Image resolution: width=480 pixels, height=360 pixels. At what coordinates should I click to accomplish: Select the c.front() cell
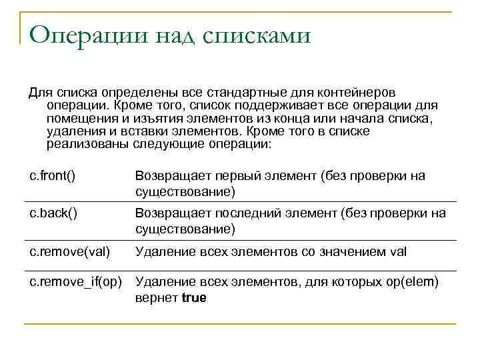(x=52, y=176)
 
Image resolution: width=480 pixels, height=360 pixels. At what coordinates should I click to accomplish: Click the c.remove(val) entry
(x=68, y=252)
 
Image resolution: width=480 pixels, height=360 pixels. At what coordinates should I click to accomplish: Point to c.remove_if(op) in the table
(x=75, y=283)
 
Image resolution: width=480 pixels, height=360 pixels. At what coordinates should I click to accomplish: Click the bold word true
(x=193, y=298)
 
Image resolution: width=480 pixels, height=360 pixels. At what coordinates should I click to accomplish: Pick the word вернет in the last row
(x=156, y=298)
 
